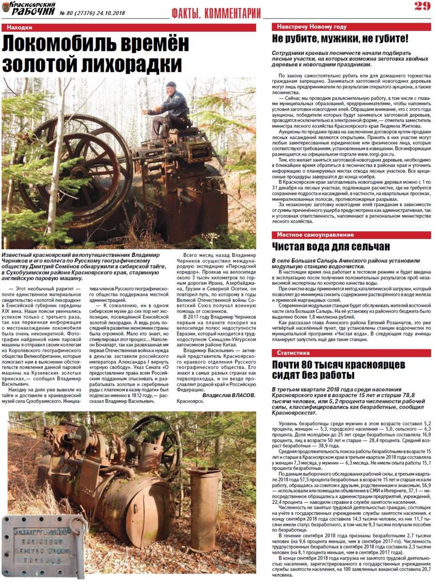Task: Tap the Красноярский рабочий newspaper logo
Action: point(29,8)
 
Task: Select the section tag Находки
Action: point(20,28)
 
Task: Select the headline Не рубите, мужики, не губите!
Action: point(339,39)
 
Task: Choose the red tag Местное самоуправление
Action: point(315,235)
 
